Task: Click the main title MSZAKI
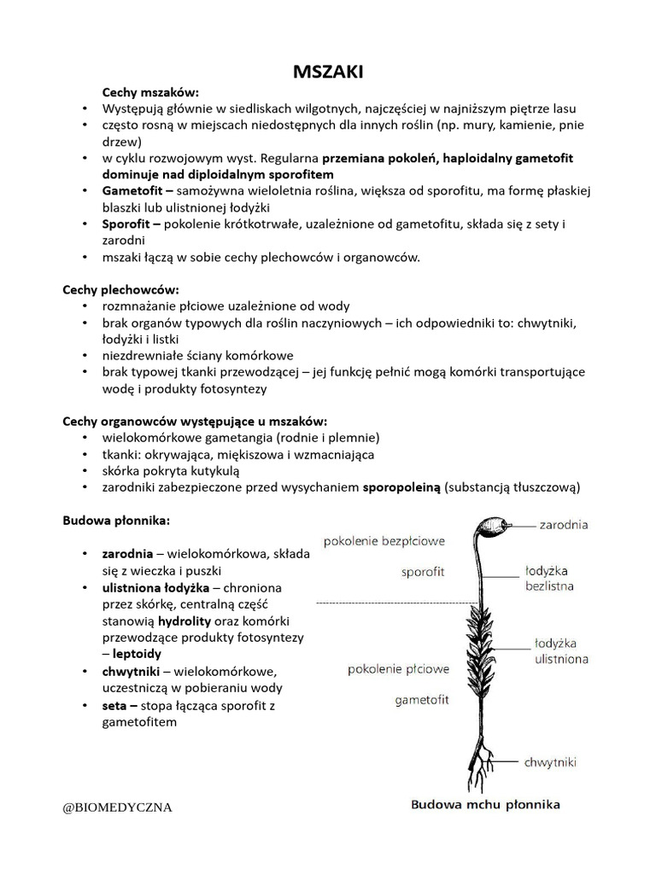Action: click(328, 73)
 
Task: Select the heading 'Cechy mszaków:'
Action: click(150, 91)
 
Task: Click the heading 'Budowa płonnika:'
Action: click(117, 519)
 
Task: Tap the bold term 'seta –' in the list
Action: click(120, 706)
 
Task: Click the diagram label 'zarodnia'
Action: click(563, 525)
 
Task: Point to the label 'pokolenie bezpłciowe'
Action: click(384, 540)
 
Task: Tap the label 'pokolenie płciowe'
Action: click(398, 670)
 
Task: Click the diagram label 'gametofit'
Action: click(421, 701)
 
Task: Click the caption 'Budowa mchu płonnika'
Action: click(485, 804)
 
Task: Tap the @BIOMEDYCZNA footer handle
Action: click(118, 807)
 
